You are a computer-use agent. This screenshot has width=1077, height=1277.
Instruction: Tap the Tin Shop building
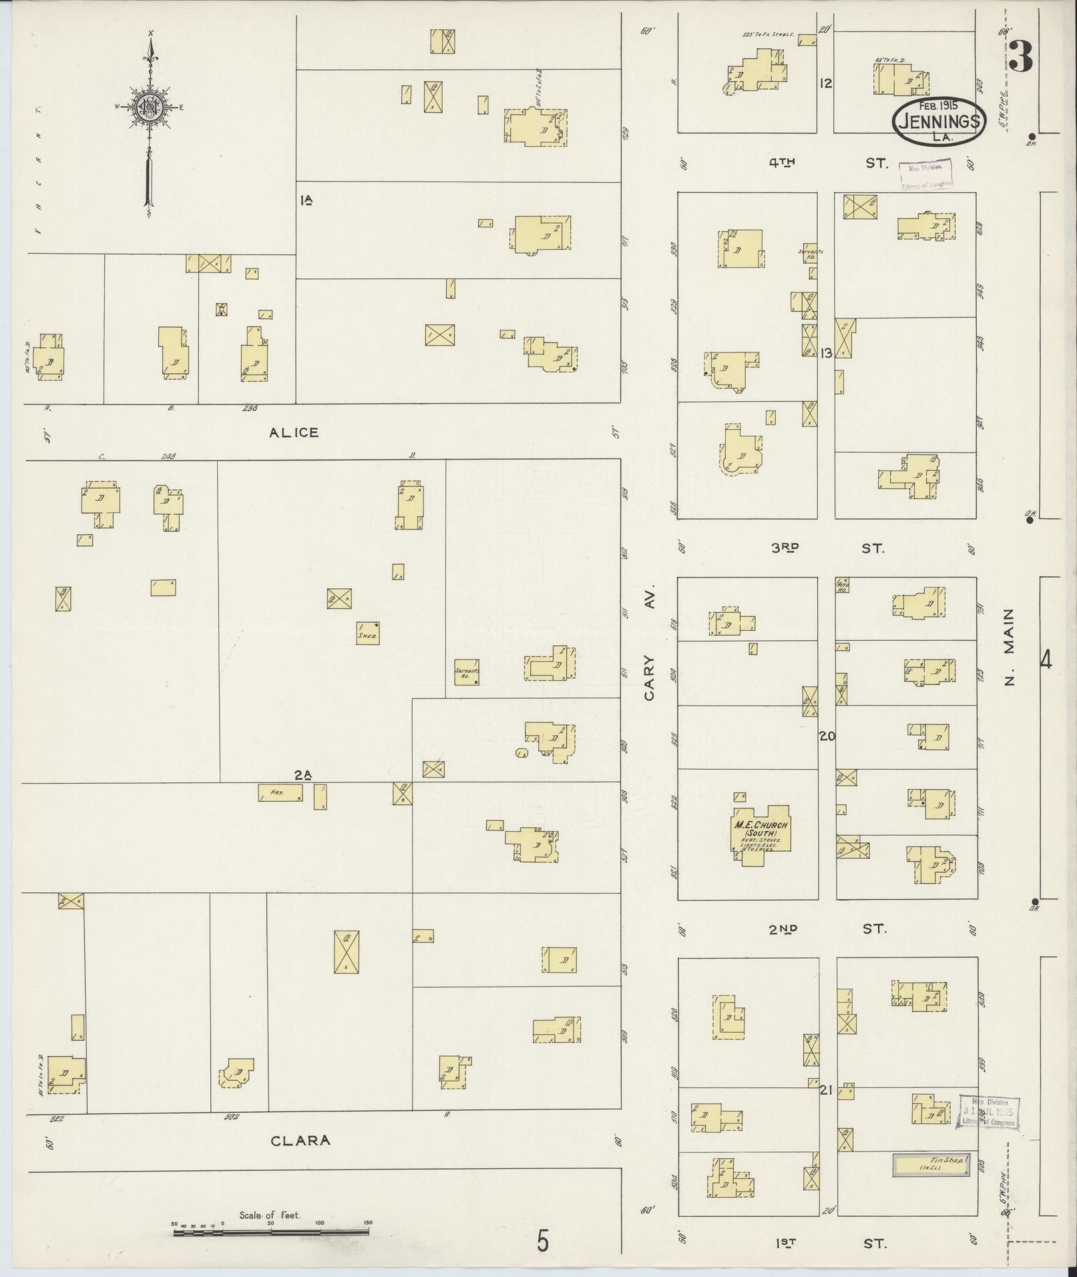931,1164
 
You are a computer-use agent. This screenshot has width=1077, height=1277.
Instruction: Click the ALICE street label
294,433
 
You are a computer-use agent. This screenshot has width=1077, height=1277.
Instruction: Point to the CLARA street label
300,1141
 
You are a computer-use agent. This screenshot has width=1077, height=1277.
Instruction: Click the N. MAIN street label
1009,647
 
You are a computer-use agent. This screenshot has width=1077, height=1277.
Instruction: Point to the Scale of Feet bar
270,1232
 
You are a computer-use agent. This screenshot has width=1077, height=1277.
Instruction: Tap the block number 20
827,736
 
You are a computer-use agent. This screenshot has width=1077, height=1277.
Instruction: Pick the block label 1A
306,200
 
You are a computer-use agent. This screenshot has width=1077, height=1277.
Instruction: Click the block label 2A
303,774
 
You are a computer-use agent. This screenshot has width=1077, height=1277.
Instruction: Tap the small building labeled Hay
280,792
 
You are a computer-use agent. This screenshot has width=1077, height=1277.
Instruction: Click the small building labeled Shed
369,632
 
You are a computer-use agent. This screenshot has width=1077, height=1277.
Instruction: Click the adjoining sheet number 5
544,1243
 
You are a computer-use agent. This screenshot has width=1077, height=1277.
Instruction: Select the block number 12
826,83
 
